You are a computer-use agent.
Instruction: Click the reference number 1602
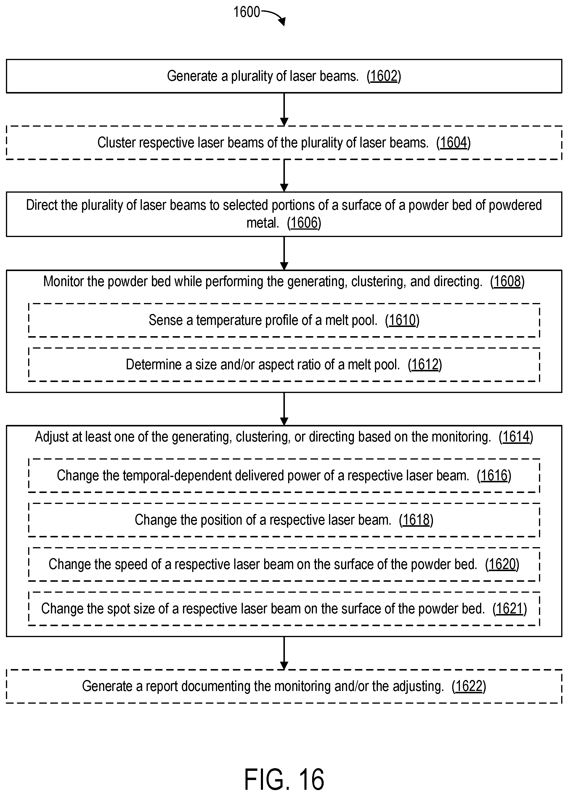[384, 76]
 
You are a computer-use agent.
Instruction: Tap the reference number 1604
[453, 143]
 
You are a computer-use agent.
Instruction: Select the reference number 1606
[304, 223]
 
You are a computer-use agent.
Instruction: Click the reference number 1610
[402, 320]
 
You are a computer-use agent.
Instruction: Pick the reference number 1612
[425, 365]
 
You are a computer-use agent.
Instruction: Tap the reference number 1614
[516, 437]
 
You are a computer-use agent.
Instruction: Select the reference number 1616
[494, 476]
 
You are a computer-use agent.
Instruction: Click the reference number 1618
[416, 520]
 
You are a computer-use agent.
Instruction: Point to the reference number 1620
[502, 564]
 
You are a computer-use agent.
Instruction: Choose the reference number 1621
[510, 609]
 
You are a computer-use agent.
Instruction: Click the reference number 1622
[469, 686]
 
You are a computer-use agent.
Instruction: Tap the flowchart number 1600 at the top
[247, 12]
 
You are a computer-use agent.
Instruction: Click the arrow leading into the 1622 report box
[284, 653]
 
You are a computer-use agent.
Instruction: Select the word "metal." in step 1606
[263, 223]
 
